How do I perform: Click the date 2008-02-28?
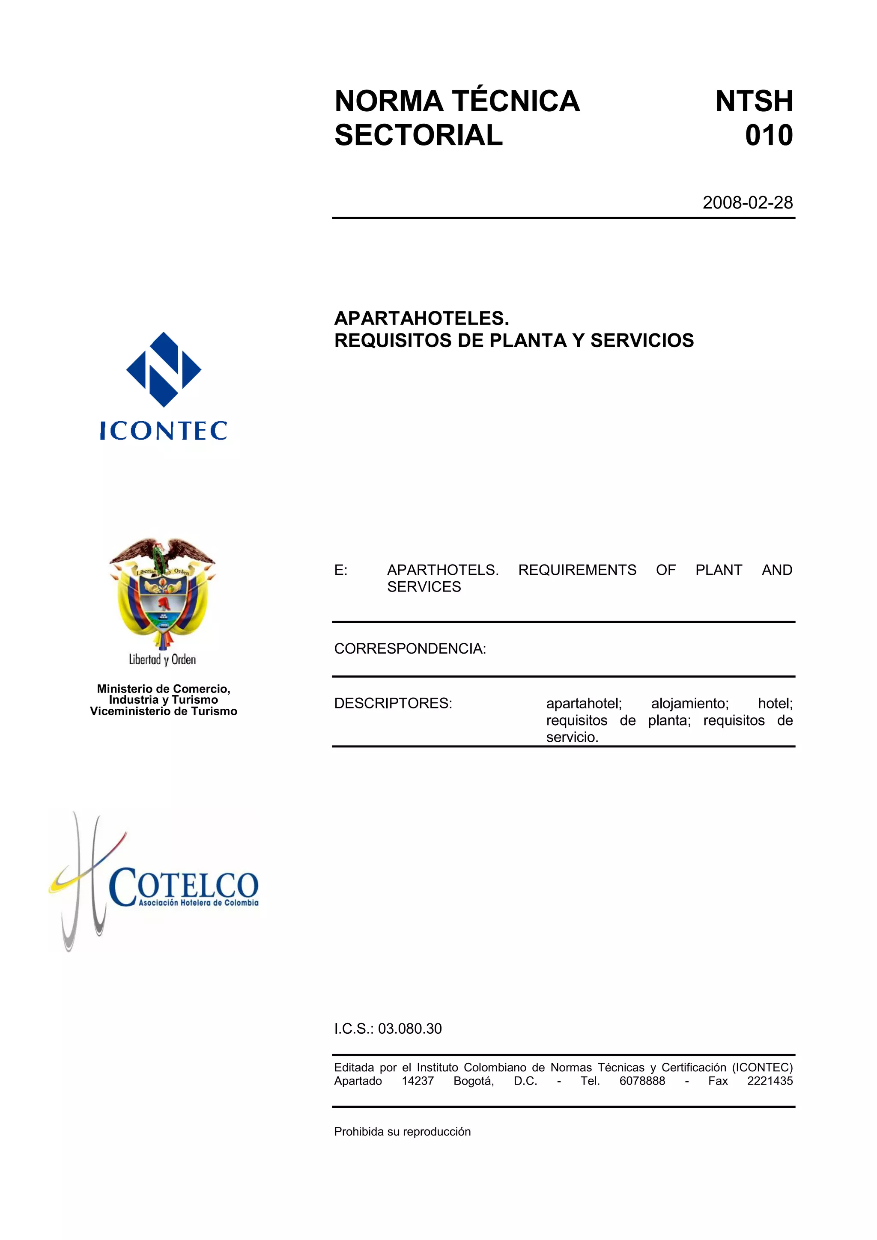(x=747, y=202)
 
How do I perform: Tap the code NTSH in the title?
(x=754, y=101)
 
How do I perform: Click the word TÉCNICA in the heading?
(x=516, y=101)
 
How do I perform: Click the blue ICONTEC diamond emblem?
(x=163, y=369)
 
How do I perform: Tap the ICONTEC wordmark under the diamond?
(x=163, y=431)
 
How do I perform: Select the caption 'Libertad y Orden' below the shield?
(x=162, y=660)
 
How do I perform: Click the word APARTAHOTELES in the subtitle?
(x=421, y=318)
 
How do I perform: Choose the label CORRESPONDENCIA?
(x=409, y=648)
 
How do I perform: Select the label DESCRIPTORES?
(x=393, y=703)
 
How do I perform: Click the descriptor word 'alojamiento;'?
(x=689, y=703)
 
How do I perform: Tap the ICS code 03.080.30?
(x=409, y=1028)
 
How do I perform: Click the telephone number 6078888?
(x=642, y=1081)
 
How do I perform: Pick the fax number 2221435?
(x=770, y=1081)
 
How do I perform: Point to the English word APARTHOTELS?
(x=442, y=570)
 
